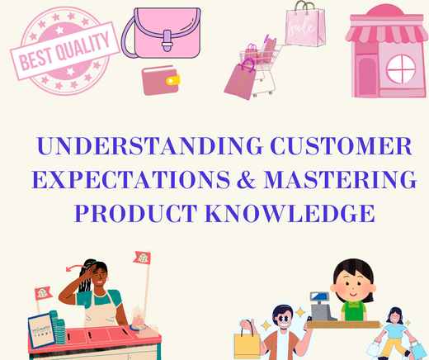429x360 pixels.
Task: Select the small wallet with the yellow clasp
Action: coord(162,81)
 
